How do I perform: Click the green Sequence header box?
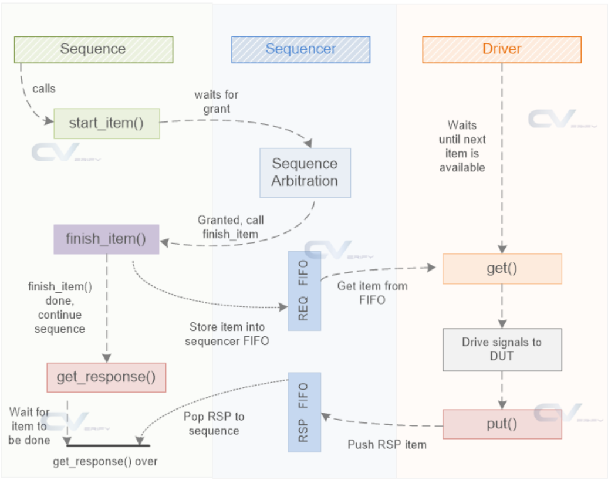[x=93, y=49]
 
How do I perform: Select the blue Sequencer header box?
[x=300, y=49]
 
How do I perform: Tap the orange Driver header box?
[x=502, y=49]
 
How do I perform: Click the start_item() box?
[x=106, y=123]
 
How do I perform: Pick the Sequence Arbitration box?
[x=305, y=173]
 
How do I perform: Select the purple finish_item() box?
[x=106, y=239]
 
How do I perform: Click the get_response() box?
[x=106, y=377]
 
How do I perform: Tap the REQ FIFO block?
[x=304, y=290]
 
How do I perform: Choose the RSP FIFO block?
[x=304, y=412]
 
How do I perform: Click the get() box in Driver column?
[x=502, y=269]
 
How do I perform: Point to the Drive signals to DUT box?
[x=502, y=349]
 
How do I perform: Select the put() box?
[x=502, y=424]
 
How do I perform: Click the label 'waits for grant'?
[x=217, y=102]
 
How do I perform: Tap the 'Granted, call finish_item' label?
[x=231, y=227]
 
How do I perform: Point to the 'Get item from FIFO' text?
[x=372, y=293]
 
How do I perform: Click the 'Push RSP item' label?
[x=387, y=445]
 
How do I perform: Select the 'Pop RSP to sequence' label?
[x=214, y=424]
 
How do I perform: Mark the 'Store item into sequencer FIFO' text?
[x=227, y=334]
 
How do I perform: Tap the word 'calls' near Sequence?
[x=43, y=89]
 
